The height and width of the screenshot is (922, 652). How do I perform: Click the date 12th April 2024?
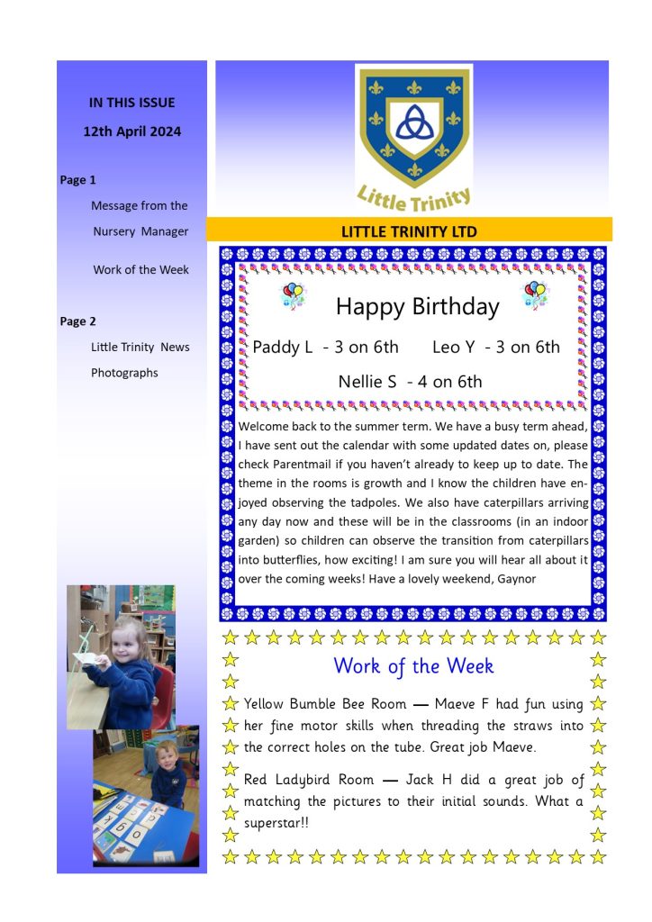tap(131, 131)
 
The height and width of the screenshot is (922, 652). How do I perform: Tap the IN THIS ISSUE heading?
tap(131, 103)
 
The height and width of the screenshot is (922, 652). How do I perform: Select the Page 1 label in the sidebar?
tap(78, 180)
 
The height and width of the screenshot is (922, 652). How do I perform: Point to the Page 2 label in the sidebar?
tap(78, 321)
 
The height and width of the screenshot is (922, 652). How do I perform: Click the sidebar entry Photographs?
tap(124, 373)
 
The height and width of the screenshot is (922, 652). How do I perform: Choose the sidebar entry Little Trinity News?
tap(140, 348)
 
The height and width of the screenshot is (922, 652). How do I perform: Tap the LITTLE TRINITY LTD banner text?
tap(409, 232)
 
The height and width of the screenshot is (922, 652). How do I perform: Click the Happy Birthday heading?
tap(417, 307)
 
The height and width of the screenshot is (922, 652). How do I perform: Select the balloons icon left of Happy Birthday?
tap(294, 294)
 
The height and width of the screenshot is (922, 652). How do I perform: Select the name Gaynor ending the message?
tap(516, 579)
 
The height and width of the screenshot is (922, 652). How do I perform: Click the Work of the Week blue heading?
tap(413, 666)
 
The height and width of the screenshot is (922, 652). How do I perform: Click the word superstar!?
tap(277, 823)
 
